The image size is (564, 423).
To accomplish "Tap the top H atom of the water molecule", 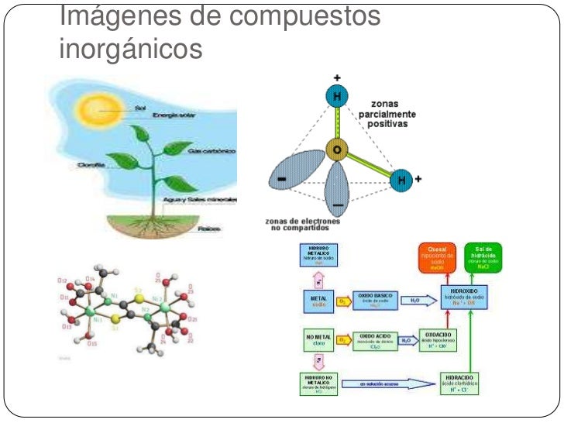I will tap(335, 98).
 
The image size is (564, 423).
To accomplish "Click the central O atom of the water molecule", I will tap(335, 148).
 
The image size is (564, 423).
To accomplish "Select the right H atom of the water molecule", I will tap(401, 180).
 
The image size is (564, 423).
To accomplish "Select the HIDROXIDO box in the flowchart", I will tap(464, 297).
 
